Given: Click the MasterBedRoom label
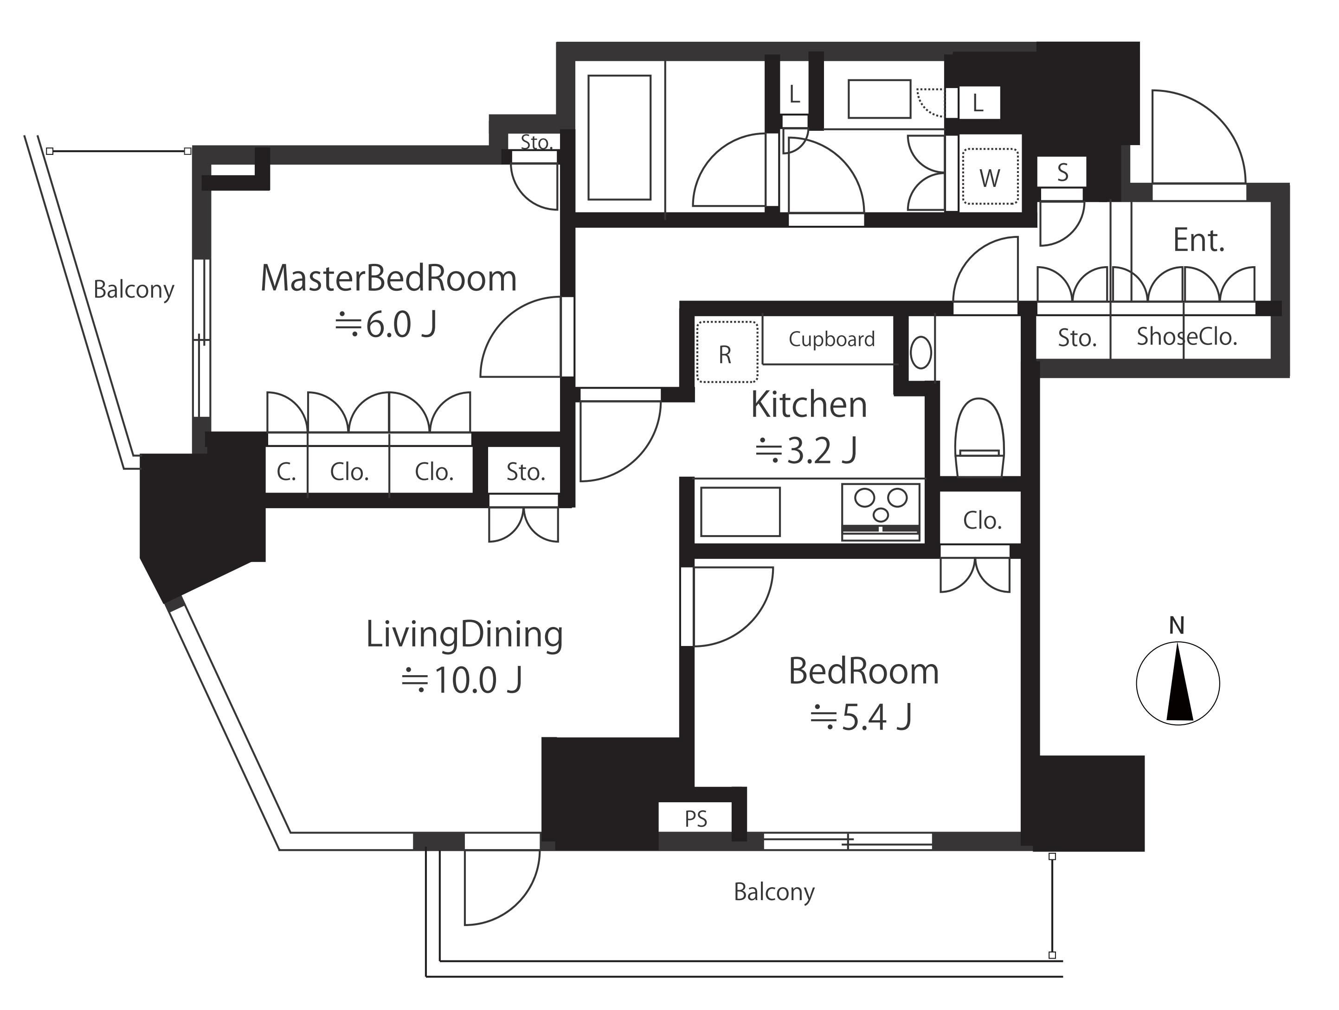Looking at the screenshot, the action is pos(389,279).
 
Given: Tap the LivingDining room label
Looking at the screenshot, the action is pos(464,635).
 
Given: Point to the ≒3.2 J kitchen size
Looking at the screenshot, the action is pos(806,450).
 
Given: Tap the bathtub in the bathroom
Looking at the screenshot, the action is pos(619,137).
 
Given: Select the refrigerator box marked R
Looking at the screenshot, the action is pos(727,352).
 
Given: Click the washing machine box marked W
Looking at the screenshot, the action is pos(990,176).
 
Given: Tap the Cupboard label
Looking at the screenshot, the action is pos(832,339).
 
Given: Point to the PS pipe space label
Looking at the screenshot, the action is pos(695,819).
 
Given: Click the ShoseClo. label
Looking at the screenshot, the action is pos(1186,337).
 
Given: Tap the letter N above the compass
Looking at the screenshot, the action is pos(1177,625).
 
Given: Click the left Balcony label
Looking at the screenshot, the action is pos(134,290).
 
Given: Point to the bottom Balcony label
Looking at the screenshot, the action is pos(774,892).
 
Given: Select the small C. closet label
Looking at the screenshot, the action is pos(286,472).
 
